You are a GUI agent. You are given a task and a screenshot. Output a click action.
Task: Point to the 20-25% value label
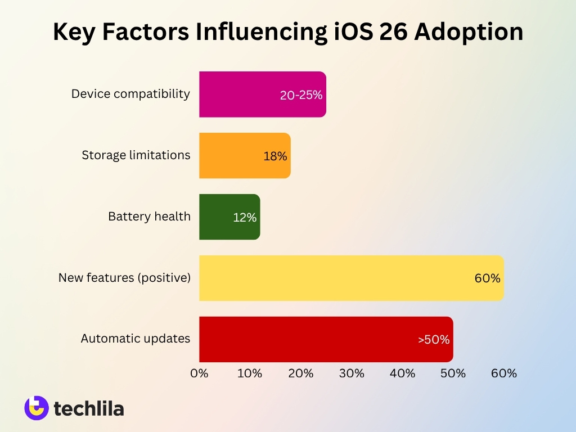[301, 95]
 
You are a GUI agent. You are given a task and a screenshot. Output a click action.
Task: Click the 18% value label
[275, 156]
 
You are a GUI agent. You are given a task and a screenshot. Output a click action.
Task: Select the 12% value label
[245, 218]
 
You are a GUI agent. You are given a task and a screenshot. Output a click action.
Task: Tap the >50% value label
[434, 340]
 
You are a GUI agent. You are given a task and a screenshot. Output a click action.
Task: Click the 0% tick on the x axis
[199, 373]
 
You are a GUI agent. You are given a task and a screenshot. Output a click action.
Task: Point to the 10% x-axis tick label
[250, 373]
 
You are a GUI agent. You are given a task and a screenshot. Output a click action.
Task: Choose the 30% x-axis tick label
[352, 373]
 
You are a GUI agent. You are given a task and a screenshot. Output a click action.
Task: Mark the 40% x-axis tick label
[402, 373]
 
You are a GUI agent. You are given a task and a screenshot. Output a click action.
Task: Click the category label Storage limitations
[136, 155]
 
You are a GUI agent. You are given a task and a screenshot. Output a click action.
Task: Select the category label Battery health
[149, 216]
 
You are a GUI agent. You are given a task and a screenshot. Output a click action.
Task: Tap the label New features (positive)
[124, 277]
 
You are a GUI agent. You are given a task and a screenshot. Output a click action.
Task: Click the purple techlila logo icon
[37, 408]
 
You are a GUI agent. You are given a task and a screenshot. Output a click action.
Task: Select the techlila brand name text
[89, 409]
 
